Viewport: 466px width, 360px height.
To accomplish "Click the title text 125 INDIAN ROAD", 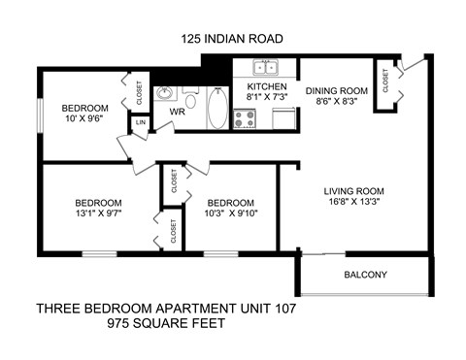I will pyautogui.click(x=232, y=40).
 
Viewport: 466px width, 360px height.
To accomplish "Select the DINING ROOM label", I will pyautogui.click(x=333, y=91).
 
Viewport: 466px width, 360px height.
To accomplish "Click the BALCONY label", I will pyautogui.click(x=365, y=275).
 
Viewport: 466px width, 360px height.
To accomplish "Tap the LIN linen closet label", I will pyautogui.click(x=142, y=122).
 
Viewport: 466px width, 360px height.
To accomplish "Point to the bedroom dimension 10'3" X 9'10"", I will pyautogui.click(x=231, y=213).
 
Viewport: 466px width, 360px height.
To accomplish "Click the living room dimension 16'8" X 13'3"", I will pyautogui.click(x=353, y=204).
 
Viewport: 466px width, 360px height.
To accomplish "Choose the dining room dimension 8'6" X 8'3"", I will pyautogui.click(x=333, y=103).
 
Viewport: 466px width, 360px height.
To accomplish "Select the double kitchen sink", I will pyautogui.click(x=263, y=68).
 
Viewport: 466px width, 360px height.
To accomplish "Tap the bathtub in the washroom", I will pyautogui.click(x=216, y=109).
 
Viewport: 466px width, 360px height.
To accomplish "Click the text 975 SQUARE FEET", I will pyautogui.click(x=164, y=325).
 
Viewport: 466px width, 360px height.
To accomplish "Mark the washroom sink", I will pyautogui.click(x=165, y=94).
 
